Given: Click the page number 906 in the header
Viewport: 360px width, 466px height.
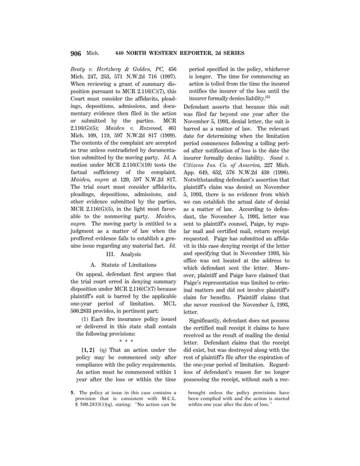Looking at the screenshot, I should click(77, 54).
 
